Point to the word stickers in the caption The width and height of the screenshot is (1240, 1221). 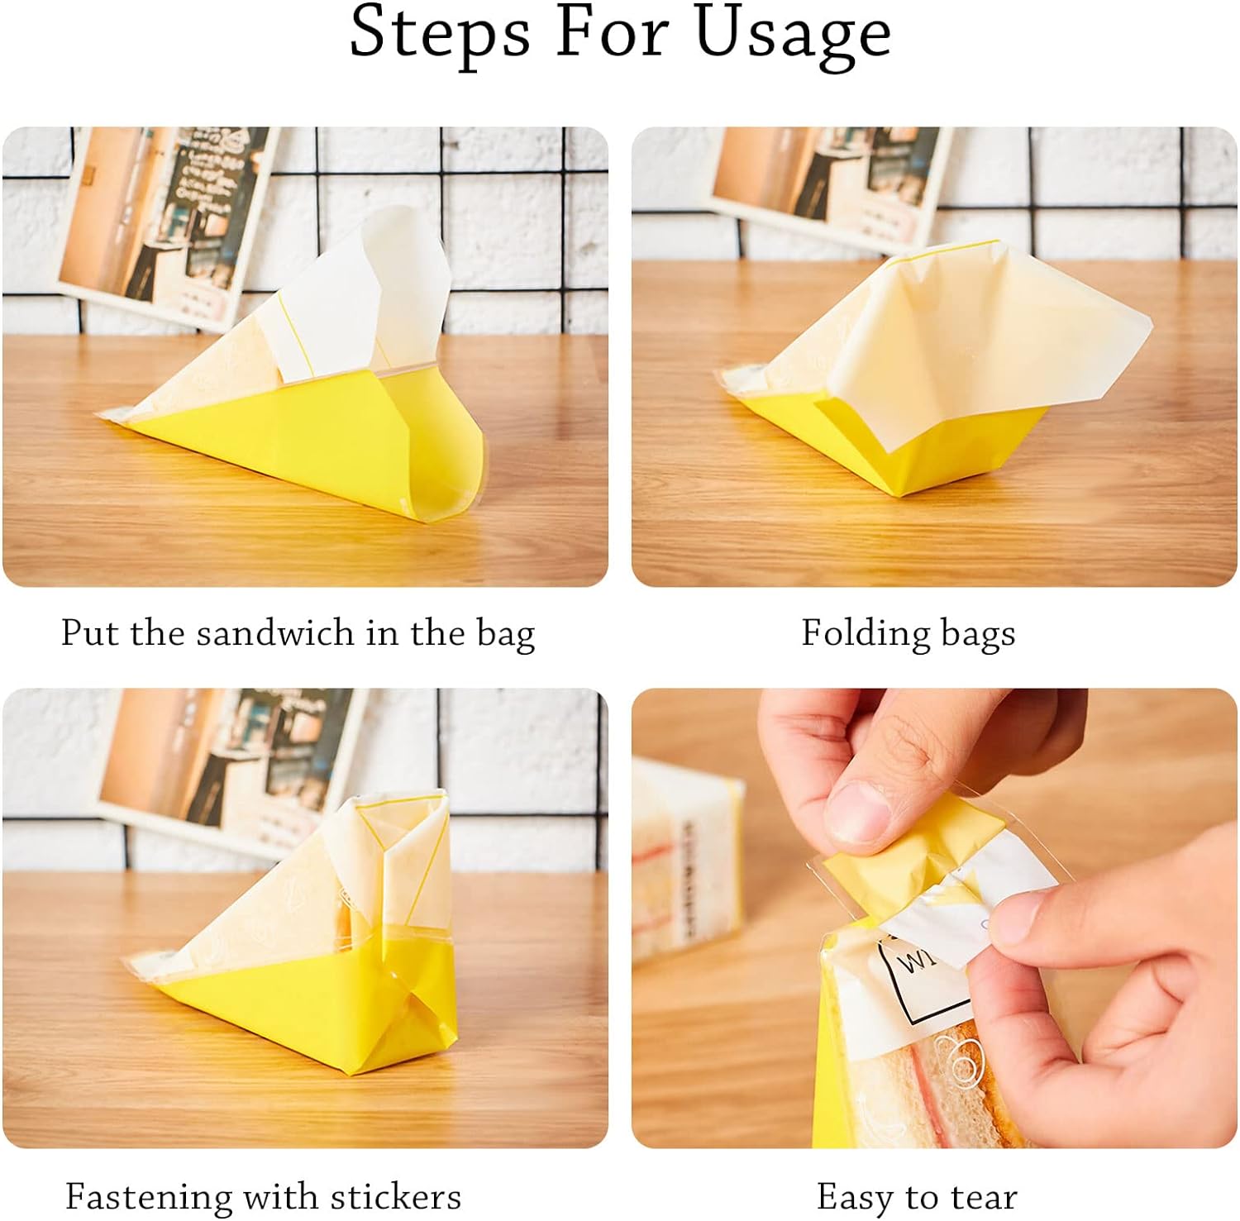coord(395,1196)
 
